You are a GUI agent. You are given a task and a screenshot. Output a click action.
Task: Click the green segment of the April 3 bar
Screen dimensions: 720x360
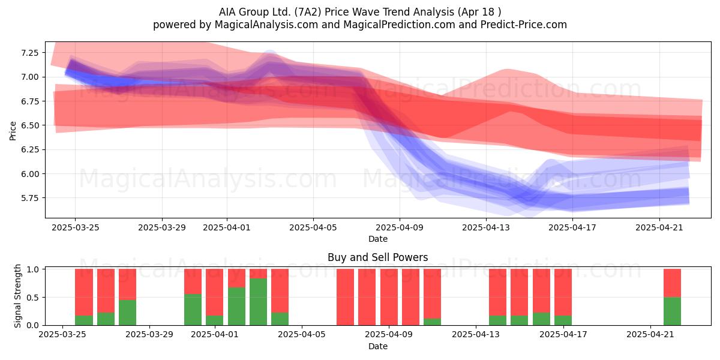[258, 302]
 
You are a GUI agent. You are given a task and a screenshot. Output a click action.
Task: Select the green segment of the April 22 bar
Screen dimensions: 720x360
[672, 311]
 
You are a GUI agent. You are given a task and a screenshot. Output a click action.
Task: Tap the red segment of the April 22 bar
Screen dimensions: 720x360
[672, 283]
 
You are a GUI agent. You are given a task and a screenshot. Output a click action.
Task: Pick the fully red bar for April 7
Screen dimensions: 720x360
[345, 297]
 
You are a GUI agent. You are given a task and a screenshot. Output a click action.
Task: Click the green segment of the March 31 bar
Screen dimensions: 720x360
[193, 310]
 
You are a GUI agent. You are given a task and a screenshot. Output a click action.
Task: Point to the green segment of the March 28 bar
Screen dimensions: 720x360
[127, 313]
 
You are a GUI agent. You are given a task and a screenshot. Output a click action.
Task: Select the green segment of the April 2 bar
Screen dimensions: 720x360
[236, 307]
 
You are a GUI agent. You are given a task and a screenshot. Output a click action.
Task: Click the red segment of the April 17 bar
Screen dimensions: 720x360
[563, 292]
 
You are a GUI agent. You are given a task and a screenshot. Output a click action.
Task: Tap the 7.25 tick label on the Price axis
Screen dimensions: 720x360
[29, 53]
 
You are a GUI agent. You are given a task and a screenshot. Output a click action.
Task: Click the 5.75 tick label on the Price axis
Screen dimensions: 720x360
[29, 198]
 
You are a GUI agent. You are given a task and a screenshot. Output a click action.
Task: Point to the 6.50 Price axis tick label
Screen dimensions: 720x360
[29, 125]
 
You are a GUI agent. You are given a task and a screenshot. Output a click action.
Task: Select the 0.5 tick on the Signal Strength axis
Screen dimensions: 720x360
[32, 298]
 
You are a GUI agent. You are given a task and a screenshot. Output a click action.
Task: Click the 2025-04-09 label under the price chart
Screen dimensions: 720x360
[400, 227]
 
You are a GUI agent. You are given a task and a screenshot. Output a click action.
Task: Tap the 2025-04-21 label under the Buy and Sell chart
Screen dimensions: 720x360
[650, 335]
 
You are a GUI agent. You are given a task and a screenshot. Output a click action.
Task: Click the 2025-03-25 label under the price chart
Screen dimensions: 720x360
[76, 227]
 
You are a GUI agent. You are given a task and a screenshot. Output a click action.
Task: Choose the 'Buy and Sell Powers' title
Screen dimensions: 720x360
[377, 257]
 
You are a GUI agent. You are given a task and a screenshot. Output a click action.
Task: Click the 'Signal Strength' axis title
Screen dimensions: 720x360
[17, 296]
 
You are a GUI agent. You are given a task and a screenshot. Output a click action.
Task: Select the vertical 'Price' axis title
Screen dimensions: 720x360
[13, 131]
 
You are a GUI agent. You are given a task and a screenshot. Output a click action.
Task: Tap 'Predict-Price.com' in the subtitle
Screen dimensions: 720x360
[524, 25]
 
